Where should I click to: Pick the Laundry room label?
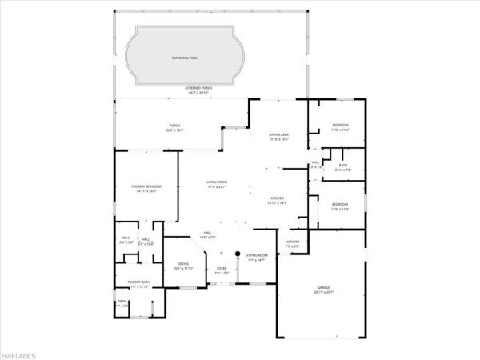pos(292,243)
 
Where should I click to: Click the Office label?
pos(184,265)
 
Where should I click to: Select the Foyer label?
pos(222,270)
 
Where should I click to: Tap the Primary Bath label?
pos(139,285)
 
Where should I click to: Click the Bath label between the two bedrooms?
pos(343,167)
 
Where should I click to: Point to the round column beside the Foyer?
pos(238,250)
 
